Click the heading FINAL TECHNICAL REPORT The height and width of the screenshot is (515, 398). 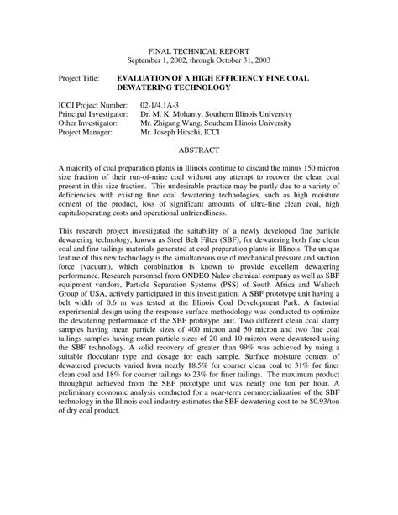[x=198, y=50]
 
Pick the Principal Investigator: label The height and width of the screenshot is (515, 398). [x=92, y=113]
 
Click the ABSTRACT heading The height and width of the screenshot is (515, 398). [x=199, y=150]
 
